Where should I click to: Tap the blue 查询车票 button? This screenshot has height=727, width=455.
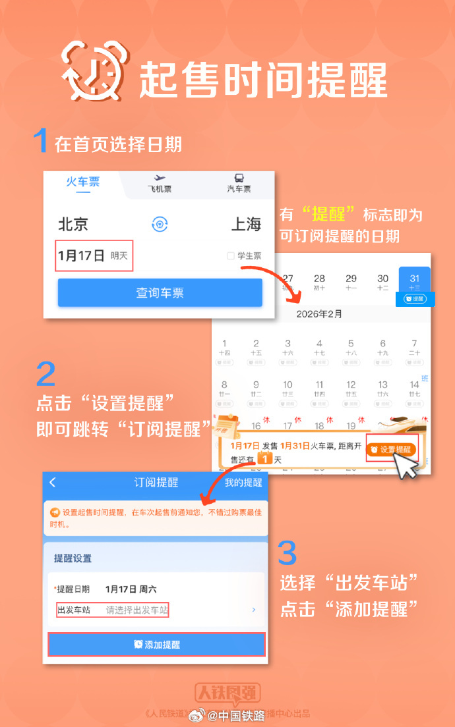160,293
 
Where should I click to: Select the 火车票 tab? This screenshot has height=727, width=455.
82,182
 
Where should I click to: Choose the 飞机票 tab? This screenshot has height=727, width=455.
159,184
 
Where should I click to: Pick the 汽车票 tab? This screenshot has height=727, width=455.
239,184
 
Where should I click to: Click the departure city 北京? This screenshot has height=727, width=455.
73,224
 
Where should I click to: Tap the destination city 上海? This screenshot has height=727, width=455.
246,224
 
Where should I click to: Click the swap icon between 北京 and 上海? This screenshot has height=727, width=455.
160,224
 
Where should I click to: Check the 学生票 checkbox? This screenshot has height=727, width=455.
231,256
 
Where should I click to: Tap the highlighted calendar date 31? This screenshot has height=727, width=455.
415,283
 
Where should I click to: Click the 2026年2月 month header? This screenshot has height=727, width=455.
319,314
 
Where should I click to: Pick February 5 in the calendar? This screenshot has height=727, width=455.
351,348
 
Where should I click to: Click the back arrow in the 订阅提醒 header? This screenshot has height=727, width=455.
53,483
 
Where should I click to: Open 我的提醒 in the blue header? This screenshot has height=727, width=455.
243,483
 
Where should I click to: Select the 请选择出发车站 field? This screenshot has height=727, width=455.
137,610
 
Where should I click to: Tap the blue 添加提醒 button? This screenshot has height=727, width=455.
157,645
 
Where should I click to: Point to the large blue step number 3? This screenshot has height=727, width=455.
287,553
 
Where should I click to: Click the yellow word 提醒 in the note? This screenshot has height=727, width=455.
333,215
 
